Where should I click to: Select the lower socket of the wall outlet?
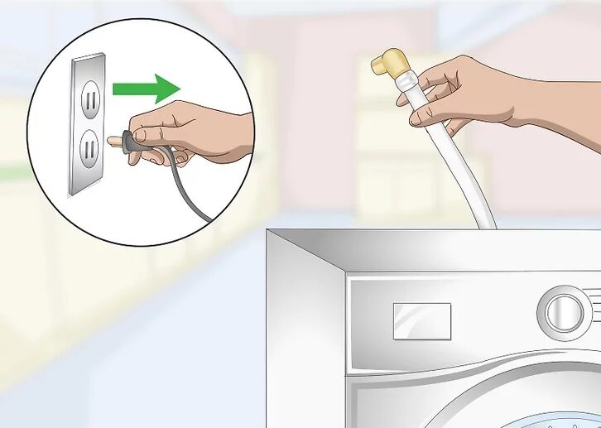pos(90,150)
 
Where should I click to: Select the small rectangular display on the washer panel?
pos(421,320)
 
